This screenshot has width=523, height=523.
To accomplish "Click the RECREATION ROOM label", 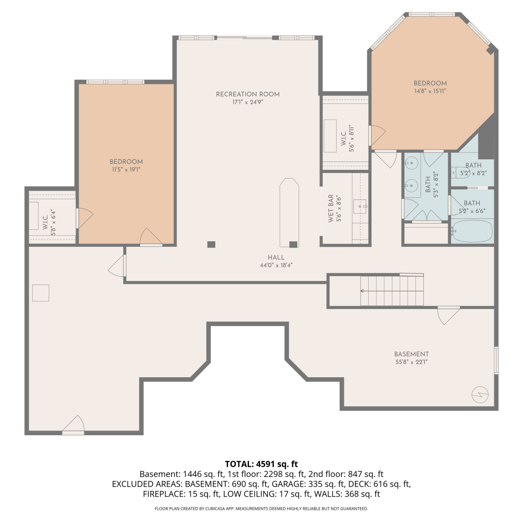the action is point(248,94).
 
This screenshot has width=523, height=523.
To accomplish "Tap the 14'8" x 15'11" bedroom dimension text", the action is point(430,91).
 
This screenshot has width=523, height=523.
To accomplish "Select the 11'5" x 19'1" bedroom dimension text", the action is point(126,169).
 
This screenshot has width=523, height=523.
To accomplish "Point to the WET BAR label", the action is point(331,209).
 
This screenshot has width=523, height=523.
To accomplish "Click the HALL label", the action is point(276,257).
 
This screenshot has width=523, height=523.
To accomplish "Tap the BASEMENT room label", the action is point(411,354).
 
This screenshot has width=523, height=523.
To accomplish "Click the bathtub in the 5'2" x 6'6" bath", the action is point(472,231).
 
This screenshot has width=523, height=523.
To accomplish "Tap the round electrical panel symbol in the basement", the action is point(480,395).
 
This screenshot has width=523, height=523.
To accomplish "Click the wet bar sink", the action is point(360,206).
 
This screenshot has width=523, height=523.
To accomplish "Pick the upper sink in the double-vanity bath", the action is point(412,163).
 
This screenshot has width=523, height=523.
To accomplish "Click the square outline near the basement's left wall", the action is point(41,293).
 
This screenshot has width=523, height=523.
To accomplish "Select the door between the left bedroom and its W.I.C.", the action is point(84,218).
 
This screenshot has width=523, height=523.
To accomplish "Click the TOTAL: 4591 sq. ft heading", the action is point(261,464).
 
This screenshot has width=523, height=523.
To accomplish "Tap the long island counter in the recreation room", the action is point(289,213).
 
